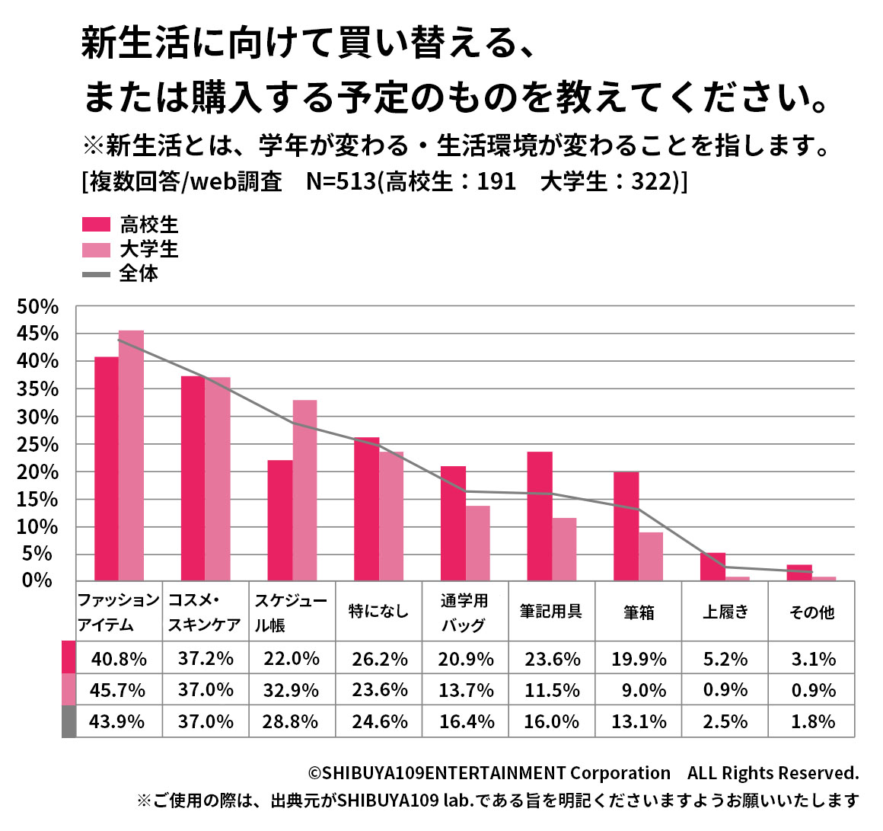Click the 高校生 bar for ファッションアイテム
point(106,468)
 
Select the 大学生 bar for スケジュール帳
point(304,490)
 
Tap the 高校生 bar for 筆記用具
point(540,516)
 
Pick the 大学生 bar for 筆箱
point(651,556)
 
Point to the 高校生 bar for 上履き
point(712,566)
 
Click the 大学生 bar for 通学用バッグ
point(478,542)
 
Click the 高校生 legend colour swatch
point(96,225)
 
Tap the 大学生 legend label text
point(148,249)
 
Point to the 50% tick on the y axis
point(37,307)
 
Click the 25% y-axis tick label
point(37,445)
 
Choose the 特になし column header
point(378,612)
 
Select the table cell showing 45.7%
point(117,690)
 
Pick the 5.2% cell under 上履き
point(725,659)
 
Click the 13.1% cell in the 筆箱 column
point(639,721)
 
